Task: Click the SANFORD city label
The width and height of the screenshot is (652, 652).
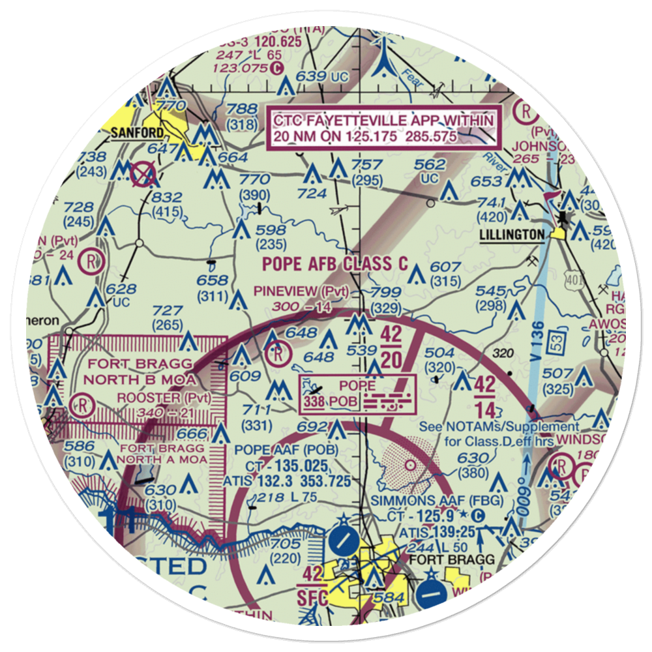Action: click(137, 133)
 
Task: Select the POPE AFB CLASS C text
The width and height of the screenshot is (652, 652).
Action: click(335, 264)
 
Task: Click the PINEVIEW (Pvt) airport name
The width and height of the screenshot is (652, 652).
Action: click(301, 291)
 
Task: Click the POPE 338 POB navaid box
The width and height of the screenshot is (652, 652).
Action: click(357, 394)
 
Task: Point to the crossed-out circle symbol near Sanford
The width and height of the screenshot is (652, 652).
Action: click(143, 174)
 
